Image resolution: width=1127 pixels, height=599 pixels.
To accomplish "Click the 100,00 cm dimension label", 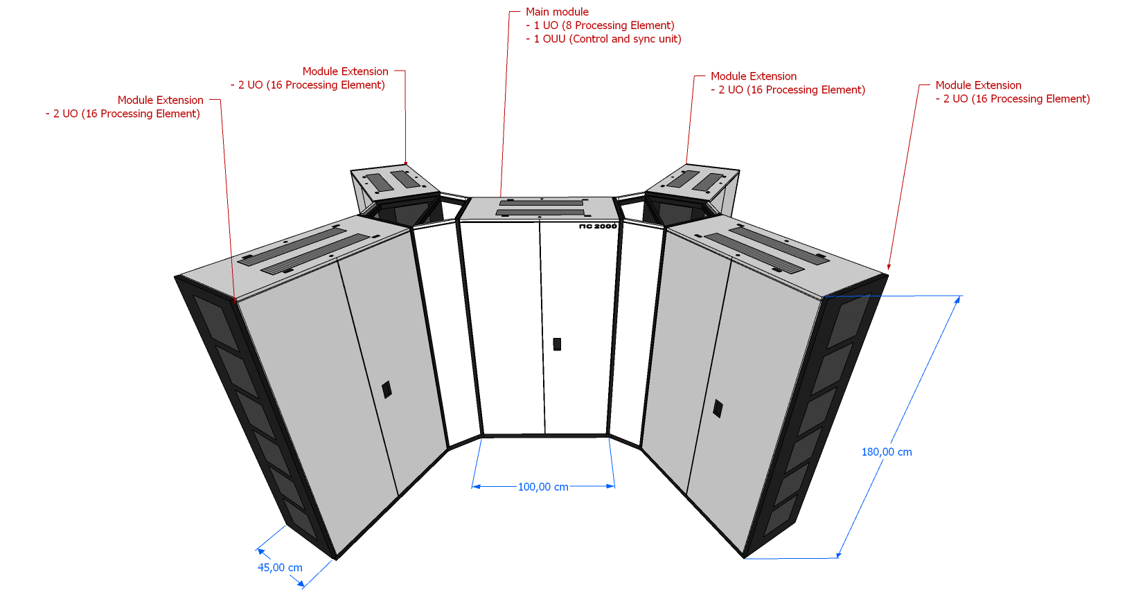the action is [x=543, y=487].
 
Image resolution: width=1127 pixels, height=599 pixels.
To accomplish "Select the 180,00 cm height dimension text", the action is [x=887, y=452].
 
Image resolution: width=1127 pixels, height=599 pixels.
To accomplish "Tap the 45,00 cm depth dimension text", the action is [x=280, y=568].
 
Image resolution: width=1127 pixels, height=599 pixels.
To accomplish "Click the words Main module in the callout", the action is [x=557, y=12].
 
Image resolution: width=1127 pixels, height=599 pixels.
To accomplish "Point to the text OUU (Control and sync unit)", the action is [x=612, y=39].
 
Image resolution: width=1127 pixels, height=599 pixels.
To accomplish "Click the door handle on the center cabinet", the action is [x=557, y=344].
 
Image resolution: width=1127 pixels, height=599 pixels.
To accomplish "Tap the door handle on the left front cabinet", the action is [x=387, y=390].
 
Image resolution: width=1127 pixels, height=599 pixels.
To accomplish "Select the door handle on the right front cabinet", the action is [x=718, y=408].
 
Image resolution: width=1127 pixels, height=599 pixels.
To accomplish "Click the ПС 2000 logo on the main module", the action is [x=598, y=226].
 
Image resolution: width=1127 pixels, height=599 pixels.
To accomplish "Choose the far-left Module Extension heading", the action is [x=161, y=100].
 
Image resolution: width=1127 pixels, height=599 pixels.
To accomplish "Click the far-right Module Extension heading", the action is [x=978, y=85].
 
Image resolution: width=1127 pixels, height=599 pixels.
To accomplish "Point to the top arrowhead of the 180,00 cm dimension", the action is [x=957, y=300].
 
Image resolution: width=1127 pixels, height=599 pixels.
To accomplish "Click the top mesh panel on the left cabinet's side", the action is [x=215, y=322].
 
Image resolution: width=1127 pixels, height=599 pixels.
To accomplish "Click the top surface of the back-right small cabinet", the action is [x=692, y=181].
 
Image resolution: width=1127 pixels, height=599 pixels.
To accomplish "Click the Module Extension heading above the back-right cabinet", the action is [x=753, y=76].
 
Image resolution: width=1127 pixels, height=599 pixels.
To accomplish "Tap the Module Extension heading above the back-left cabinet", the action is [x=345, y=71].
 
